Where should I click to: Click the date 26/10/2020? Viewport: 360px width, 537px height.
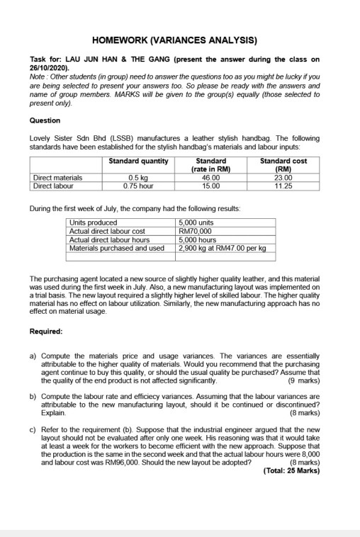(x=49, y=72)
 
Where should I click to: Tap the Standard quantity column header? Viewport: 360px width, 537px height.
(x=139, y=161)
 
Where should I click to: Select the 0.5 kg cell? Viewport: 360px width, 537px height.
(x=138, y=178)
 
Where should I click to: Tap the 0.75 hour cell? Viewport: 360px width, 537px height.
(x=138, y=185)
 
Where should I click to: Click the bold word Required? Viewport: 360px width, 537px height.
(x=47, y=332)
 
